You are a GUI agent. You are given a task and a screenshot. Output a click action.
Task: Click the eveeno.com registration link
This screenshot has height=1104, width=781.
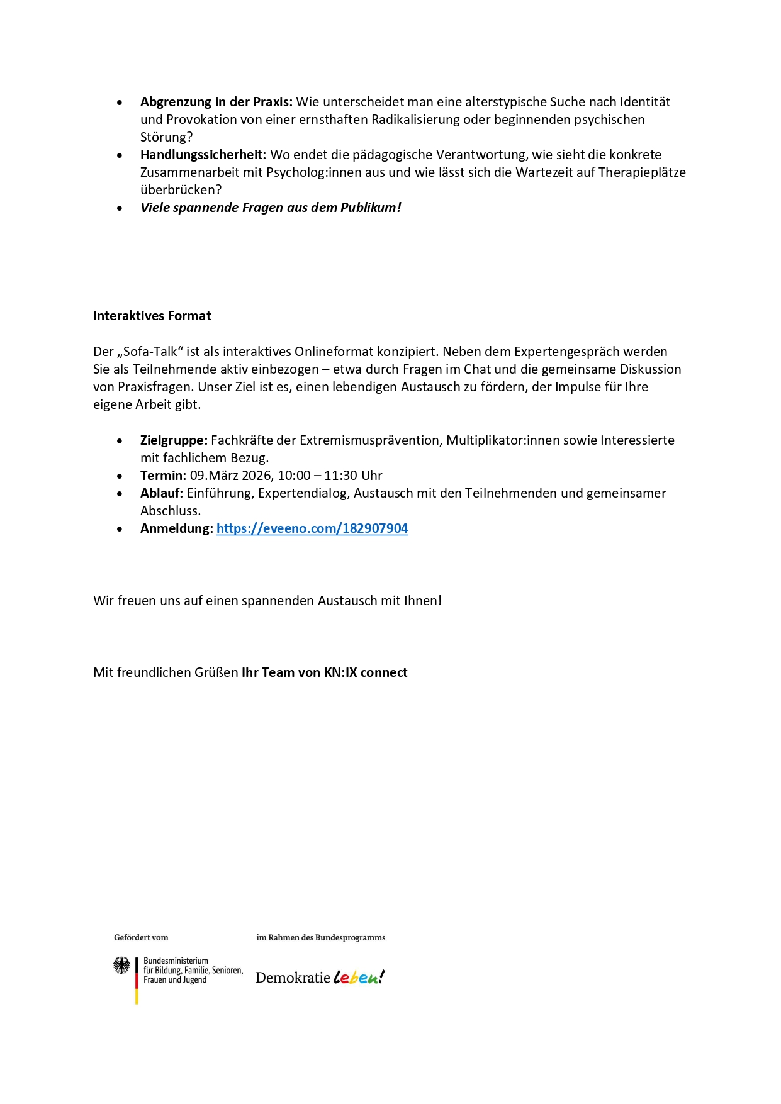(312, 528)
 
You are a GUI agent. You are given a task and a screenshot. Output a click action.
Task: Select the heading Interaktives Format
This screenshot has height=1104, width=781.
(152, 316)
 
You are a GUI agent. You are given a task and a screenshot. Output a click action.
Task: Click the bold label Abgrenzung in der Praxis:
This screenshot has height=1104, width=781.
(216, 102)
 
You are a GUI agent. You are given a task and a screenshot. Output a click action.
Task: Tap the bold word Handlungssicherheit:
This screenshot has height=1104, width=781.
(203, 155)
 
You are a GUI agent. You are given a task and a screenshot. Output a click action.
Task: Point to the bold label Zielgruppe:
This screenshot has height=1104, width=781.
(174, 440)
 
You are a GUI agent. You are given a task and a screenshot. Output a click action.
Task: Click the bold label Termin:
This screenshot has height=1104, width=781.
(163, 476)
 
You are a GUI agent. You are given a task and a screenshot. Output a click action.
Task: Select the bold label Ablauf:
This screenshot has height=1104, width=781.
(161, 493)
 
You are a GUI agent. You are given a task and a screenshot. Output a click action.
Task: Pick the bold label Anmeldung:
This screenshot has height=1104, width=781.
(176, 528)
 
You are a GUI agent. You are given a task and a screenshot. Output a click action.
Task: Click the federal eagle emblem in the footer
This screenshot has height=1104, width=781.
(121, 966)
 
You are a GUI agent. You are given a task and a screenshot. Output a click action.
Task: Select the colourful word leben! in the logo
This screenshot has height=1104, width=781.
(359, 977)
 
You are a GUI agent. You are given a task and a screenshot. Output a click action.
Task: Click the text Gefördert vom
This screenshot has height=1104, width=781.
(141, 937)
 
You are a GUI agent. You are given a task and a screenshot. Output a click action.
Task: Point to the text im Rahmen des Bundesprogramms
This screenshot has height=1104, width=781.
(320, 937)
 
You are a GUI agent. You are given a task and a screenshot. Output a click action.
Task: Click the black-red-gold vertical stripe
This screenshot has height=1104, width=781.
(137, 981)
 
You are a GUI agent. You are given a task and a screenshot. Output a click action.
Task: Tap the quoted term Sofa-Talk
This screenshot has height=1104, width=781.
(151, 352)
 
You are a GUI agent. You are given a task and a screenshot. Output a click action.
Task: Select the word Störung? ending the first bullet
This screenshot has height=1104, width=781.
(166, 137)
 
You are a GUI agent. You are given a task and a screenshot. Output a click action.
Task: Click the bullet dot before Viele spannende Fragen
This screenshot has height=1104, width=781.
(120, 208)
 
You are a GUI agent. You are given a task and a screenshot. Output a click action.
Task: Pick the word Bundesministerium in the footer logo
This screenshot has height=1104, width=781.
(176, 961)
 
